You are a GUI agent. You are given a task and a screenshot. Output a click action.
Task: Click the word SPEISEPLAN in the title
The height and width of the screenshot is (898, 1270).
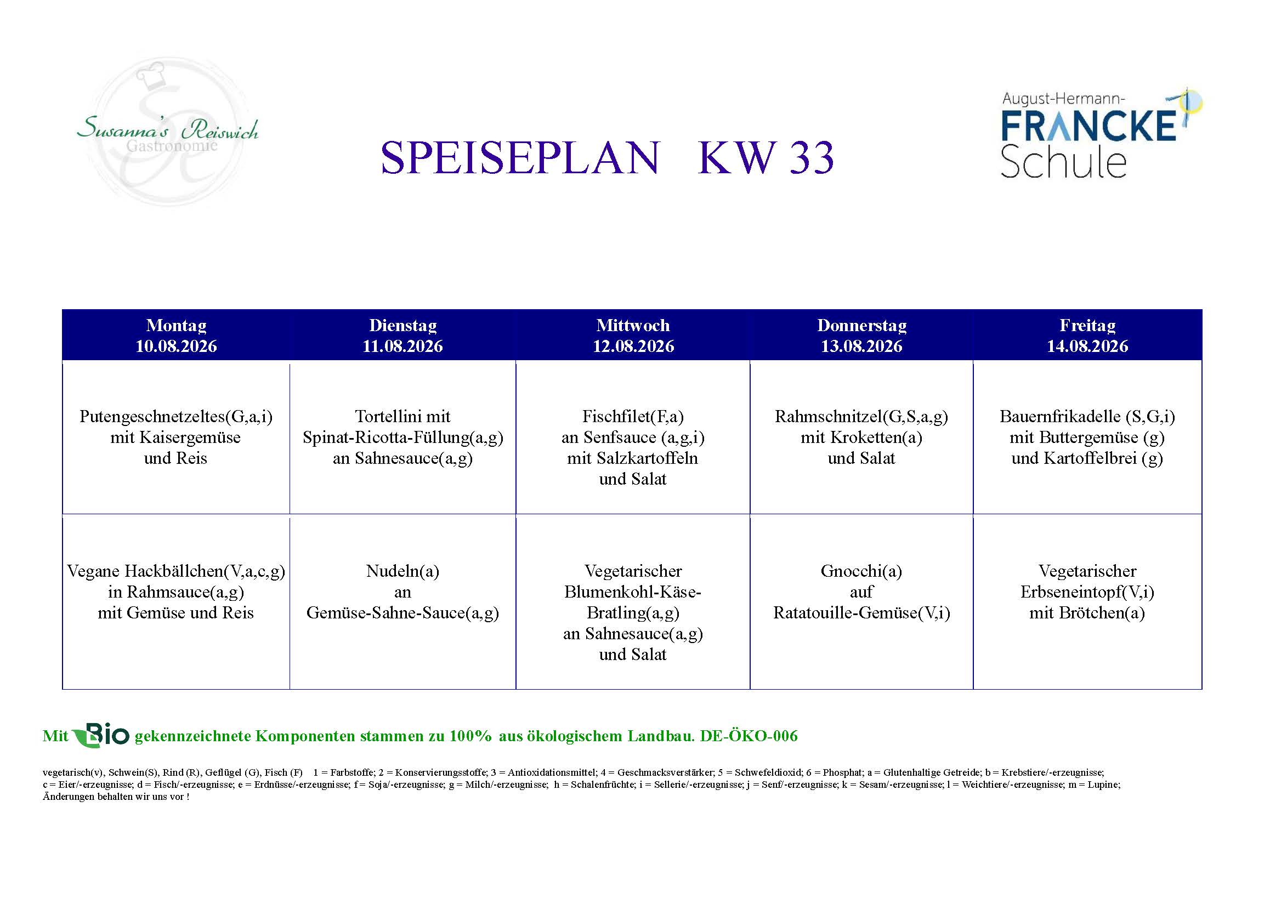[x=520, y=157]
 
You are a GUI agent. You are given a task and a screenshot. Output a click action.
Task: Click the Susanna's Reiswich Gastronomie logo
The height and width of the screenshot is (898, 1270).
[x=168, y=132]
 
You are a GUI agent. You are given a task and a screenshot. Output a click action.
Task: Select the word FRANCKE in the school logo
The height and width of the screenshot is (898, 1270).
[x=1088, y=126]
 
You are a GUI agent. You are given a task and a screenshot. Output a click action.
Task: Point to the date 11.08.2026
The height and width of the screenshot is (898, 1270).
[x=402, y=346]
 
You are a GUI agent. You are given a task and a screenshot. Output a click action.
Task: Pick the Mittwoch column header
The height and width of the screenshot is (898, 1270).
[x=633, y=325]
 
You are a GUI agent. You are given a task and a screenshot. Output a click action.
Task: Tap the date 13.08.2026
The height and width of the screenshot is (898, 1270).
[x=861, y=346]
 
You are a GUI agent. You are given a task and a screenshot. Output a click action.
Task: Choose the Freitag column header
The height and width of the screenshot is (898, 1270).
[x=1087, y=325]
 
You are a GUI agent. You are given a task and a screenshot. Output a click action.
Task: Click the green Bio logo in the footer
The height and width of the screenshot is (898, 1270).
[x=101, y=735]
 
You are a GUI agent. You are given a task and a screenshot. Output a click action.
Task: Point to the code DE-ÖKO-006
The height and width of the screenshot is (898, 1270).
[x=749, y=736]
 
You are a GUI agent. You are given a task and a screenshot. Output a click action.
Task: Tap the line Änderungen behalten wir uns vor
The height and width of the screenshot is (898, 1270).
[x=116, y=797]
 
